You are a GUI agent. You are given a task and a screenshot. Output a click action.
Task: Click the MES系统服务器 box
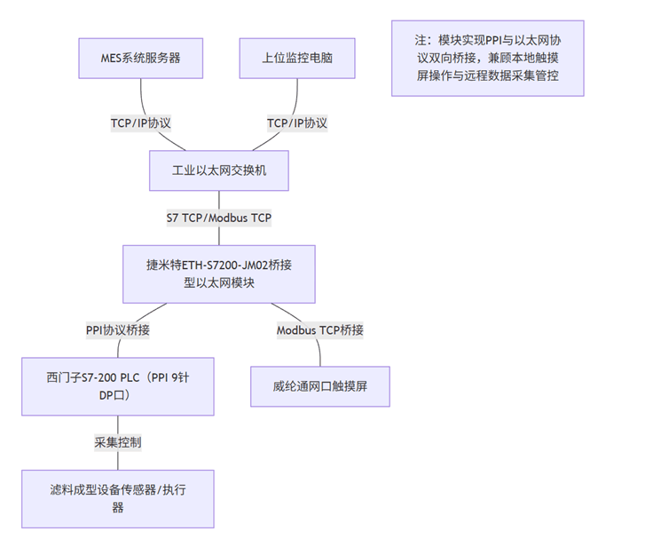[x=141, y=59]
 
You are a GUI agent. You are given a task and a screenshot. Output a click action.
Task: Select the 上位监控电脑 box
[x=297, y=59]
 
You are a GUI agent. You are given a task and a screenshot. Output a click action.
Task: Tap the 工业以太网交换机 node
[x=219, y=170]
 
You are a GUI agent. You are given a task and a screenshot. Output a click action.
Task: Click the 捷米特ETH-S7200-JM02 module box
[x=219, y=273]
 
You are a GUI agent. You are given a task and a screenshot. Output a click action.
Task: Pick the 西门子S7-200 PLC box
[x=118, y=386]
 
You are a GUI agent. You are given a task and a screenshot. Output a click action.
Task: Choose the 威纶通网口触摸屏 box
[x=320, y=387]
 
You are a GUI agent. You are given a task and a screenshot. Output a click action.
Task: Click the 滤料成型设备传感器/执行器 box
[x=118, y=498]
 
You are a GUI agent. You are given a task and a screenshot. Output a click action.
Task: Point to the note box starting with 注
[x=487, y=58]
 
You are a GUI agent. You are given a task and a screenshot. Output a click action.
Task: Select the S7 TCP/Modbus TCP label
[x=219, y=218]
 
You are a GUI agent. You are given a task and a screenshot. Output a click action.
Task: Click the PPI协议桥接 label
[x=118, y=329]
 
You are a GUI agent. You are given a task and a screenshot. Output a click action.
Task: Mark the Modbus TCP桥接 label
[x=320, y=329]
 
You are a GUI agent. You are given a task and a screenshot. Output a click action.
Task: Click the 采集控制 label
[x=118, y=441]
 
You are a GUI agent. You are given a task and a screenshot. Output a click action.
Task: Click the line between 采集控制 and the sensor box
[x=118, y=460]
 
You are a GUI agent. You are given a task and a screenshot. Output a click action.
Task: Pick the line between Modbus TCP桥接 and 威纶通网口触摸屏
[x=320, y=353]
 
